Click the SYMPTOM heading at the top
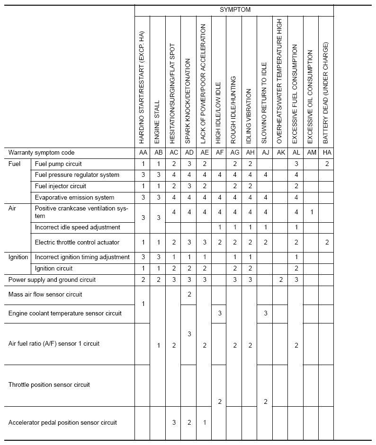pyautogui.click(x=235, y=9)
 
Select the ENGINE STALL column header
pyautogui.click(x=158, y=122)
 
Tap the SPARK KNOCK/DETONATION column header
pyautogui.click(x=188, y=101)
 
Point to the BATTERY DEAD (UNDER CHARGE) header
pyautogui.click(x=326, y=93)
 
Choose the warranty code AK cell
pyautogui.click(x=280, y=153)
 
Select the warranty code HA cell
pyautogui.click(x=326, y=153)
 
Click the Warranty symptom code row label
pyautogui.click(x=42, y=153)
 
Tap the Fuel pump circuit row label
pyautogui.click(x=58, y=164)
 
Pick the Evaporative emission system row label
pyautogui.click(x=74, y=197)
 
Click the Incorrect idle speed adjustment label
pyautogui.click(x=78, y=227)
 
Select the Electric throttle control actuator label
pyautogui.click(x=77, y=243)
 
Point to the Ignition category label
pyautogui.click(x=18, y=257)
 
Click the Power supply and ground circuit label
pyautogui.click(x=52, y=280)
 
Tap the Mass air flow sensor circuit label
pyautogui.click(x=45, y=295)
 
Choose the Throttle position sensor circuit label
pyautogui.click(x=49, y=385)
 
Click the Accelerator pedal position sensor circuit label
pyautogui.click(x=63, y=422)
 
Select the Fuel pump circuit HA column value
pyautogui.click(x=326, y=164)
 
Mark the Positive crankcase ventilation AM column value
pyautogui.click(x=311, y=212)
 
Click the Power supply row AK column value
pyautogui.click(x=280, y=280)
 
